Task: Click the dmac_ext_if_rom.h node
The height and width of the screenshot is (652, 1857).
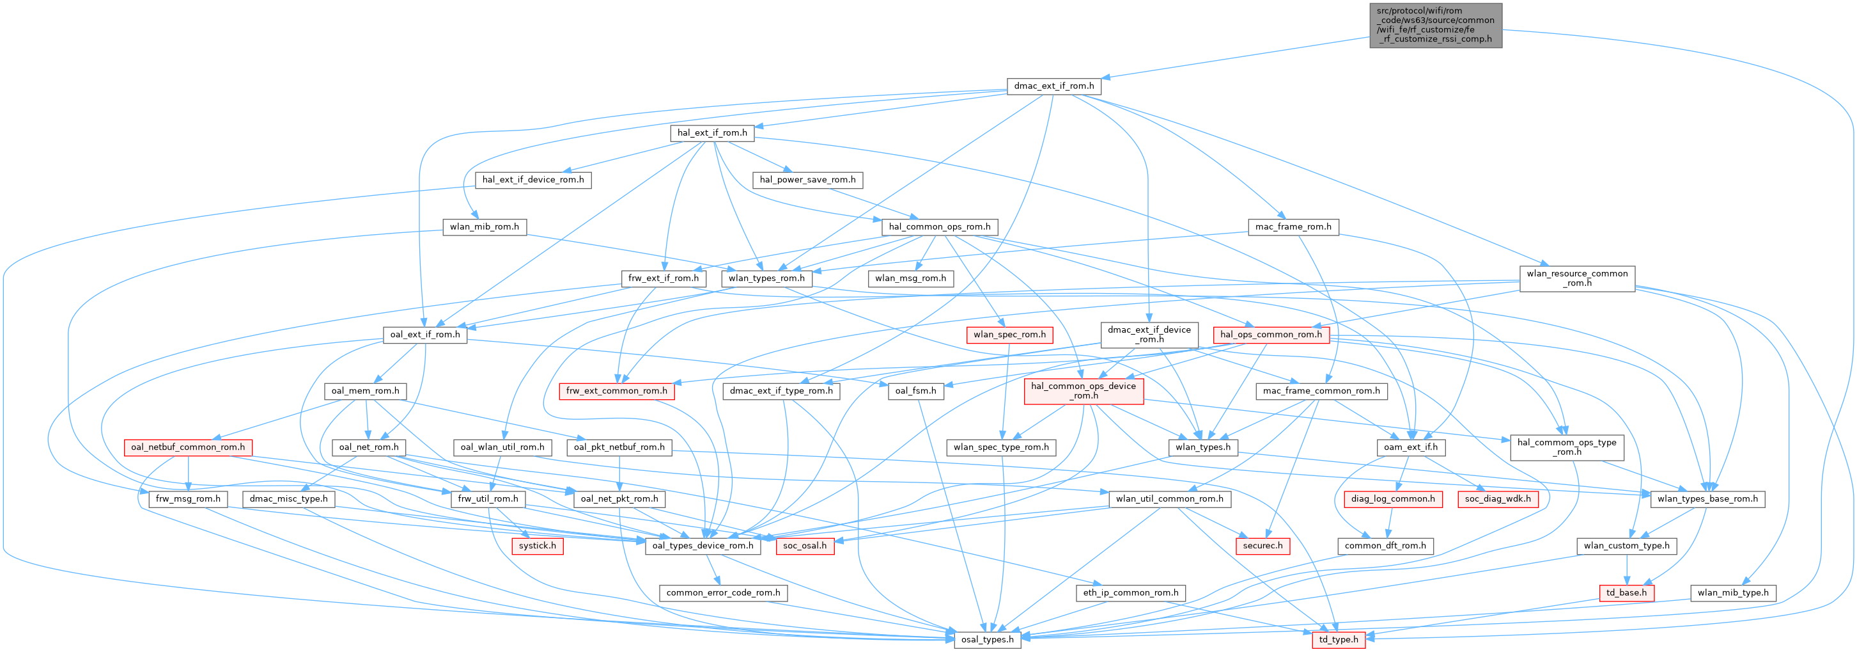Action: (x=1053, y=86)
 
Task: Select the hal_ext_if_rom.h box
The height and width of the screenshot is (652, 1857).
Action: (x=712, y=132)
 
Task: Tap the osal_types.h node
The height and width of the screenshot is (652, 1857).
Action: (x=987, y=639)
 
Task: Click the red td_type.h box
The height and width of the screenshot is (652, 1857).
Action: (x=1338, y=639)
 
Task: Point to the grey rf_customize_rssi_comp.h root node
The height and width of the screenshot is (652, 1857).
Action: (x=1435, y=25)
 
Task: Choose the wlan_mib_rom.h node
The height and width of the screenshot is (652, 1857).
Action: (x=484, y=227)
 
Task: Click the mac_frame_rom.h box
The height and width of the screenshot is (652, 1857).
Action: (x=1293, y=227)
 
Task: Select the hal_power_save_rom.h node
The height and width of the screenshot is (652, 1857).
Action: (x=807, y=180)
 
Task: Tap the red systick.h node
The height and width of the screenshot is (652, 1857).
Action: (x=537, y=545)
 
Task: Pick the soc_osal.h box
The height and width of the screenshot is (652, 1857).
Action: (x=805, y=545)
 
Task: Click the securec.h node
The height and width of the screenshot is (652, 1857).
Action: (x=1263, y=545)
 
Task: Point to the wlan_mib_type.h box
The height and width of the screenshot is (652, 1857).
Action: (x=1732, y=592)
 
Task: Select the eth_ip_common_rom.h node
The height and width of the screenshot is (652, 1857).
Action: (x=1130, y=592)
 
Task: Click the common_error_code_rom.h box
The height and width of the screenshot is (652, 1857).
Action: (x=723, y=592)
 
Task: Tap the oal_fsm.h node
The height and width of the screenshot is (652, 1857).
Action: (x=915, y=390)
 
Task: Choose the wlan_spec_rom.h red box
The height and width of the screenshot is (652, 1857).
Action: (x=1009, y=334)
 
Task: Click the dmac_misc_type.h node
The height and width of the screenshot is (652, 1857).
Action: (x=288, y=498)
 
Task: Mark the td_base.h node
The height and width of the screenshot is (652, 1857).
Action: (x=1626, y=592)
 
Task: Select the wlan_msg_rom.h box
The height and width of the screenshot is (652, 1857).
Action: (x=910, y=278)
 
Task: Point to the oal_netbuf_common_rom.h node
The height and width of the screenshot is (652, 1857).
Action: (x=187, y=447)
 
